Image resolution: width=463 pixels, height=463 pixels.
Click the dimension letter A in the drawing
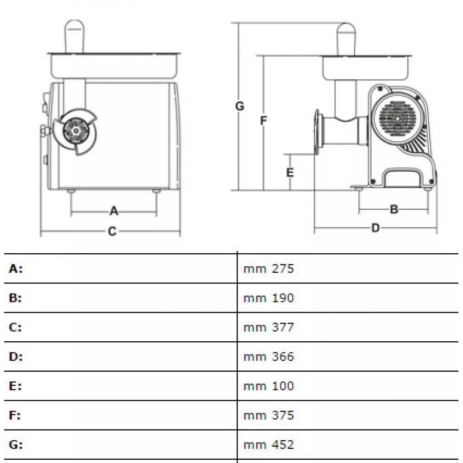click(114, 211)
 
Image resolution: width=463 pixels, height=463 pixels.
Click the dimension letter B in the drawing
click(394, 209)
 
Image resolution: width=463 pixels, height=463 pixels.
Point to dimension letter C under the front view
click(112, 231)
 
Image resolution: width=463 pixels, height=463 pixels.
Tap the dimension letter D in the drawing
click(375, 228)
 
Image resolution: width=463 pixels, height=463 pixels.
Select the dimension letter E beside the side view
click(290, 172)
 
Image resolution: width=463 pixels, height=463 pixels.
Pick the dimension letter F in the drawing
click(263, 121)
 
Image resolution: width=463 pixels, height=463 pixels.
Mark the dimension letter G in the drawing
click(239, 106)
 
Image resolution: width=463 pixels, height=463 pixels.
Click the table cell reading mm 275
click(269, 269)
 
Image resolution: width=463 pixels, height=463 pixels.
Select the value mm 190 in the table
click(269, 298)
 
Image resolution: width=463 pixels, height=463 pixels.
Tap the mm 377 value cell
click(269, 327)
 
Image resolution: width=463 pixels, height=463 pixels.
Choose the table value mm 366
click(269, 357)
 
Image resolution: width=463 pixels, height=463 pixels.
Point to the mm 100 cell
click(269, 386)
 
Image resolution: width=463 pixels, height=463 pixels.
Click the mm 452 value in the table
click(269, 444)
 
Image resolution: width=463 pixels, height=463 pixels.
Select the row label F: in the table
click(15, 415)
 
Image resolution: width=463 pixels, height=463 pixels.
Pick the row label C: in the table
click(15, 327)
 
